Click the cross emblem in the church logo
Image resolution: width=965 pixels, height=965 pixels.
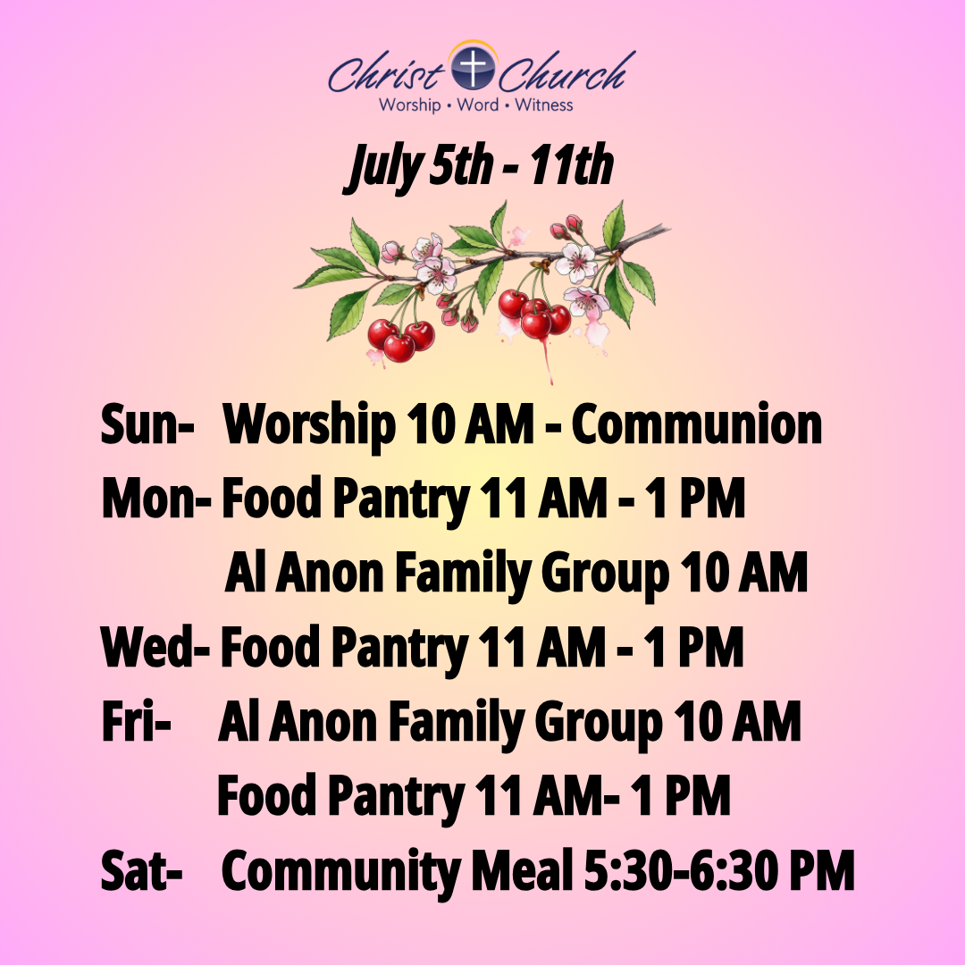pos(473,66)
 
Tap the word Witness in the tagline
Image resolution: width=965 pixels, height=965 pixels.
pos(544,105)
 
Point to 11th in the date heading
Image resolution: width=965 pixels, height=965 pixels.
pos(573,165)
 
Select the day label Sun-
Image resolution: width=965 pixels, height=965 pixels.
pos(147,424)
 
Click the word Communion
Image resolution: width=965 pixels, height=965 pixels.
pos(697,424)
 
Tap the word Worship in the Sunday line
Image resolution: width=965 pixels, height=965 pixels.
pos(309,426)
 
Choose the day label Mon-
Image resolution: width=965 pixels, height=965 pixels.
pos(156,498)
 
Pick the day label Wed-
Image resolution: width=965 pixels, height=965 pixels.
pos(155,647)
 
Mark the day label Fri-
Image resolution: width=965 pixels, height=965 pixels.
pos(136,721)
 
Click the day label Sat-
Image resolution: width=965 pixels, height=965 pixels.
pos(141,870)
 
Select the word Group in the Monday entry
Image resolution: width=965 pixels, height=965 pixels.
pos(605,575)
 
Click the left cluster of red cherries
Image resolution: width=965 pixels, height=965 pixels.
pos(400,341)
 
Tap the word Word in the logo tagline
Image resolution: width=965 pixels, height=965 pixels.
pos(477,105)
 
